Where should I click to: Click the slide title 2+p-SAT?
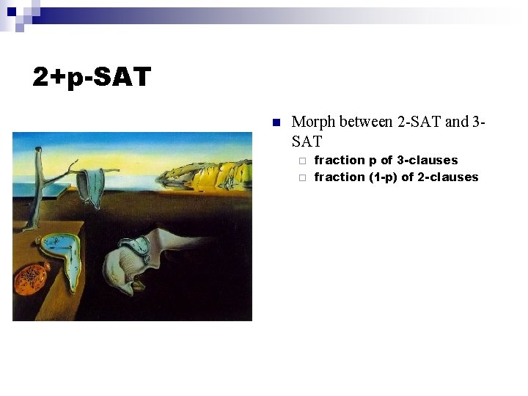point(92,76)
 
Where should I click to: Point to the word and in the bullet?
point(457,122)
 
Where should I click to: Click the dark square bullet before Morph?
point(276,122)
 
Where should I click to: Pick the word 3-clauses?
point(428,160)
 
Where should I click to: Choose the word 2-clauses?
point(448,177)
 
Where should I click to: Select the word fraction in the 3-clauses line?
point(340,160)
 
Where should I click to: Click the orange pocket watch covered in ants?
point(33,276)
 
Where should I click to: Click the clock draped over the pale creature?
point(142,246)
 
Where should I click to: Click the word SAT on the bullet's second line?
point(307,141)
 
